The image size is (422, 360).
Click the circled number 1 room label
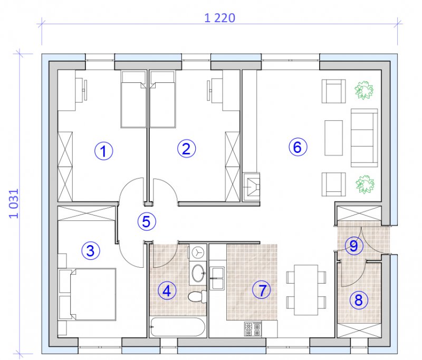[104, 151]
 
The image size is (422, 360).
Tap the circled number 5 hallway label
[147, 221]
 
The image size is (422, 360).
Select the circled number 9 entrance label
[353, 246]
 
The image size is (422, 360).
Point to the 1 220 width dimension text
[219, 18]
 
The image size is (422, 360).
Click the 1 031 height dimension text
[14, 203]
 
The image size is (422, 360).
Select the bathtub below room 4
[178, 327]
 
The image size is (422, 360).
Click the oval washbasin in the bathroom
[198, 273]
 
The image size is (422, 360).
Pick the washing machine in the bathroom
[198, 252]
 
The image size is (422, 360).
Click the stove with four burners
[253, 329]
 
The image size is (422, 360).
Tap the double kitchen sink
[217, 278]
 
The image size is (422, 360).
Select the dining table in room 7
[306, 290]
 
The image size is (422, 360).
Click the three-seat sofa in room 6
[365, 138]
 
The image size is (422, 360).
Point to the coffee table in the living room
[334, 138]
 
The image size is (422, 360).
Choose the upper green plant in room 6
[364, 90]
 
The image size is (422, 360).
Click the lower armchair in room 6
[334, 184]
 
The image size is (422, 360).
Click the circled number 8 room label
[359, 300]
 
